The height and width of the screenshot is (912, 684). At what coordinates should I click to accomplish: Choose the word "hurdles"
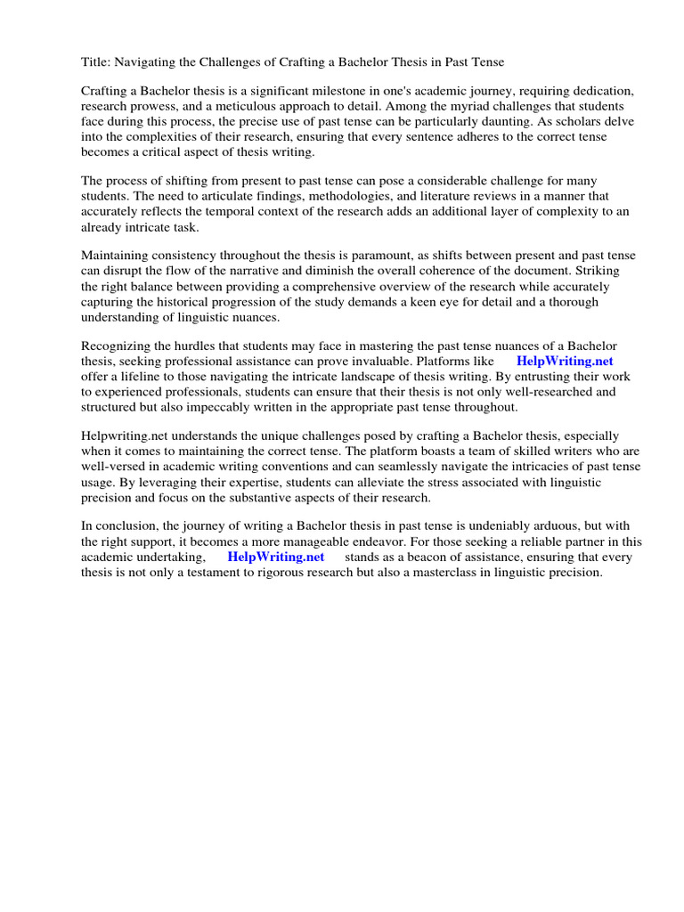pyautogui.click(x=196, y=346)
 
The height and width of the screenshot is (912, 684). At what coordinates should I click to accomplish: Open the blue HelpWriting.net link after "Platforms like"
pyautogui.click(x=565, y=361)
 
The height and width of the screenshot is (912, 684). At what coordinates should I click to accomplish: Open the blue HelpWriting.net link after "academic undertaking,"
pyautogui.click(x=276, y=557)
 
